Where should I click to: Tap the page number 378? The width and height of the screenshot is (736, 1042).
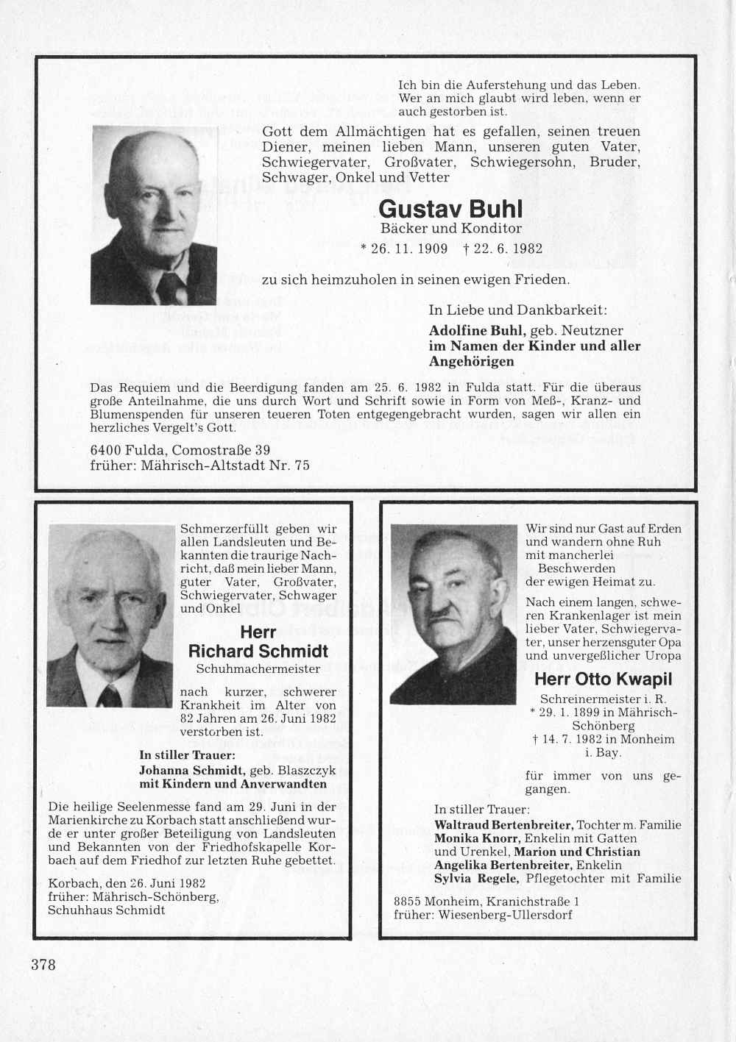pyautogui.click(x=43, y=964)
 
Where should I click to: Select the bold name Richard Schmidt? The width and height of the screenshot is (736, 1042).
pyautogui.click(x=258, y=651)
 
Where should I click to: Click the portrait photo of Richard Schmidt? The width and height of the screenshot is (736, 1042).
pyautogui.click(x=111, y=615)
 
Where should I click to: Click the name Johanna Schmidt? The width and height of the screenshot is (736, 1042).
pyautogui.click(x=190, y=770)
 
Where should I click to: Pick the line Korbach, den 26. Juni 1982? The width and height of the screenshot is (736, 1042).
pyautogui.click(x=126, y=883)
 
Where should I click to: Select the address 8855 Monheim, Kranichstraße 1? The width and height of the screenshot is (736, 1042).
pyautogui.click(x=486, y=902)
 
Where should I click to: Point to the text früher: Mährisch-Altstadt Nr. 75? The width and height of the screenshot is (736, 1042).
pyautogui.click(x=199, y=465)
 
